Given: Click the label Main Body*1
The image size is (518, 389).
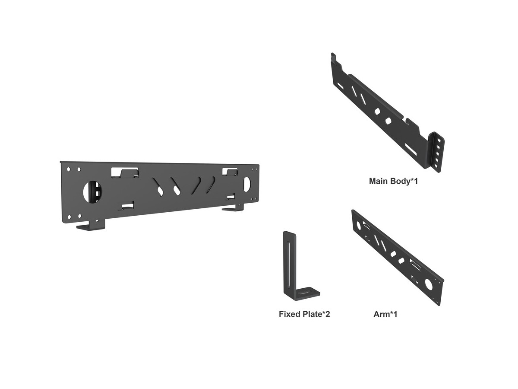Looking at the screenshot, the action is click(393, 181).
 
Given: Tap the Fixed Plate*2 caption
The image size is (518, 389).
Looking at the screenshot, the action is click(304, 314).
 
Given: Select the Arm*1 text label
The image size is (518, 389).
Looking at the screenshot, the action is click(385, 314).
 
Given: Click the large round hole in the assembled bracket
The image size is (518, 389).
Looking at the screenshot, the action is click(92, 191).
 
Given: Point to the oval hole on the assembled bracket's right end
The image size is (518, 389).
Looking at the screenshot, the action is click(247, 184).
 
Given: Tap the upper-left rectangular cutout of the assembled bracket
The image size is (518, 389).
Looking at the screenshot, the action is click(125, 172).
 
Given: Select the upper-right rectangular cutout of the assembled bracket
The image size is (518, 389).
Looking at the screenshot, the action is click(230, 172).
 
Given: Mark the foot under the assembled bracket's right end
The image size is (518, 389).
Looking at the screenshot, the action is click(233, 207).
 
